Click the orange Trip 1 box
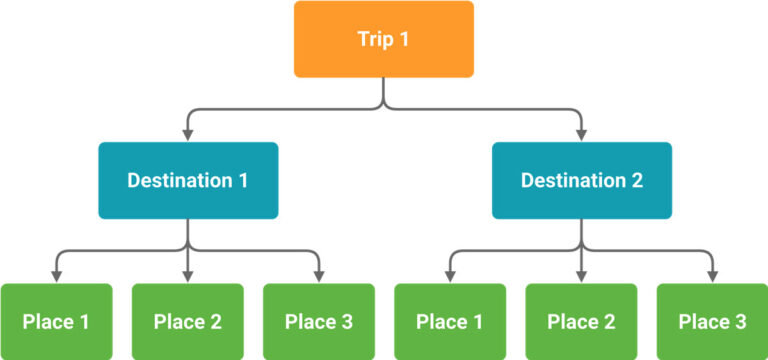(x=383, y=39)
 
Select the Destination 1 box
(x=188, y=180)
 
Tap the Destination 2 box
(x=582, y=180)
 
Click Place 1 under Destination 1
(x=56, y=321)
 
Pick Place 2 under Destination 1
(x=188, y=321)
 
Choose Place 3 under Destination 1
(x=319, y=321)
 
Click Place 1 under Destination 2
(x=450, y=321)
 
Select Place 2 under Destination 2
(x=582, y=321)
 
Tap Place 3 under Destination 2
(x=713, y=321)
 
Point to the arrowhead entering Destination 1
(x=188, y=134)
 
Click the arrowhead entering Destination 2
(x=582, y=134)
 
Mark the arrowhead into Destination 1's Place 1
(x=56, y=275)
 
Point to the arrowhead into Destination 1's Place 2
(x=188, y=275)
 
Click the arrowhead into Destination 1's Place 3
(x=319, y=275)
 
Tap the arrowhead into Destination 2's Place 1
(x=450, y=275)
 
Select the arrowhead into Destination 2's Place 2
(x=582, y=275)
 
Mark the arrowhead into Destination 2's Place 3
(x=713, y=275)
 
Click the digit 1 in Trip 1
(x=405, y=40)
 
